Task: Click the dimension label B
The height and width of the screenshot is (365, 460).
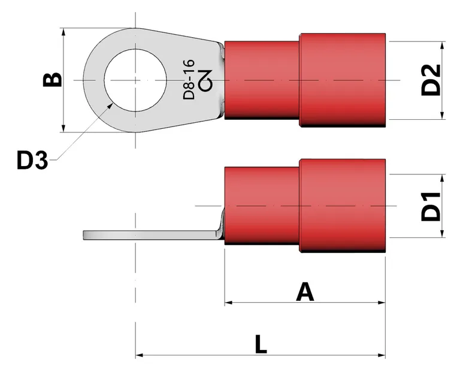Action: [x=53, y=80]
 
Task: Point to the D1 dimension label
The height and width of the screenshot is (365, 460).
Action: [x=430, y=206]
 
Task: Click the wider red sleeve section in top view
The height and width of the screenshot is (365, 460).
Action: [x=342, y=80]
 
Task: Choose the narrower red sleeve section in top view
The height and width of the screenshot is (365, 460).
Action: [x=262, y=80]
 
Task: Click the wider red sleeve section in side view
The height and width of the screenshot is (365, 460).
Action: [x=342, y=206]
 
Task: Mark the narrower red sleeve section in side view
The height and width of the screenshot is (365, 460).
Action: [x=262, y=206]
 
